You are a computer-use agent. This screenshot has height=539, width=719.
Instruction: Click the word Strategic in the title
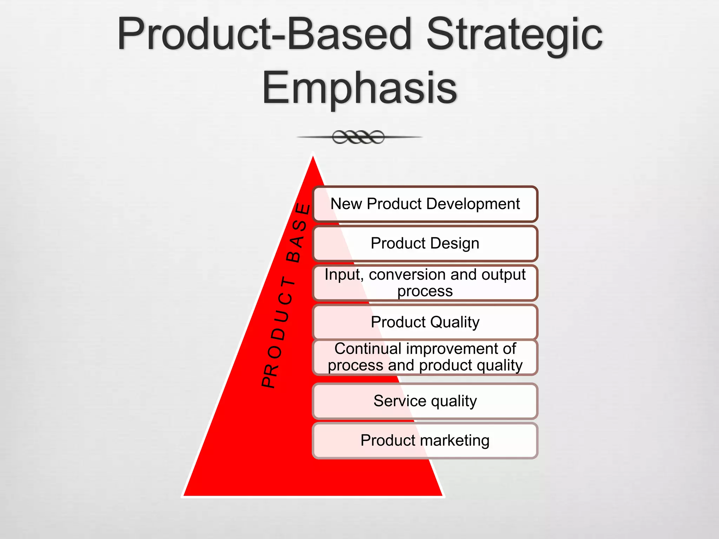514,35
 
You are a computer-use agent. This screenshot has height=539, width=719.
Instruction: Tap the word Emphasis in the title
359,88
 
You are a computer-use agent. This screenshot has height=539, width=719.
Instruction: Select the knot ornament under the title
358,137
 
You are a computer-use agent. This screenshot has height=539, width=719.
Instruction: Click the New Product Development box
425,204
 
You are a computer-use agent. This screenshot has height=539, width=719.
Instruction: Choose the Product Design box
425,243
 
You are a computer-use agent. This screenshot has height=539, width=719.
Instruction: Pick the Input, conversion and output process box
425,283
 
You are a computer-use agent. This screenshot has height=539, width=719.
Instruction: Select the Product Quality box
425,322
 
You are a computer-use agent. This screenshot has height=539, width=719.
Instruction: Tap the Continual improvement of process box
425,357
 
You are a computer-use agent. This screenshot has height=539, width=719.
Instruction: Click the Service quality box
425,401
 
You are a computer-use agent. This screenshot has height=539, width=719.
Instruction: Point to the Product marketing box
425,440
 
